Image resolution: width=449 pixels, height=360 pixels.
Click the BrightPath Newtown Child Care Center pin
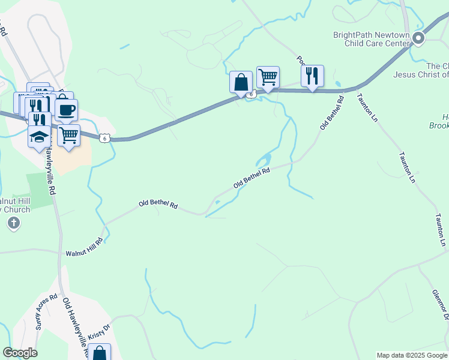(x=418, y=40)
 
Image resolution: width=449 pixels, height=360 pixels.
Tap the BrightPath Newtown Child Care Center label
(x=372, y=39)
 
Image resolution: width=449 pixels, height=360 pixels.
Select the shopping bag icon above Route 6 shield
(x=241, y=82)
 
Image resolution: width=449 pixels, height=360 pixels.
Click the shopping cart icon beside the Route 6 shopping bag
(x=268, y=77)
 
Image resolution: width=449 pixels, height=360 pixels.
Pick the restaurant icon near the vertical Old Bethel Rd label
(x=312, y=76)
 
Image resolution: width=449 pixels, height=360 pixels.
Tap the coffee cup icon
(x=66, y=110)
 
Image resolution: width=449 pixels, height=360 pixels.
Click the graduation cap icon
(x=40, y=136)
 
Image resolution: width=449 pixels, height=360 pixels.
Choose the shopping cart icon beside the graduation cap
(x=68, y=136)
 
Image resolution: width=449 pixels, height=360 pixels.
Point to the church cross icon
(x=14, y=224)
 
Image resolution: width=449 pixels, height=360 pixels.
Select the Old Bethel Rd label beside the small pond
(x=252, y=178)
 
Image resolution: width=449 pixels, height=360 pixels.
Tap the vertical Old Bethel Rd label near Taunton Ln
(x=331, y=113)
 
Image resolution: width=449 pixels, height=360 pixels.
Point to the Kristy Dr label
(x=100, y=331)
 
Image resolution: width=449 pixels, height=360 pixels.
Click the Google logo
(x=20, y=353)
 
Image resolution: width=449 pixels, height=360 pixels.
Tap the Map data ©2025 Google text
(x=412, y=355)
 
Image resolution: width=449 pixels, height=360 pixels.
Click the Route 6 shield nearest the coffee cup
(x=105, y=138)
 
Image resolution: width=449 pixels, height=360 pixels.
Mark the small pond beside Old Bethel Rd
(x=263, y=160)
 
